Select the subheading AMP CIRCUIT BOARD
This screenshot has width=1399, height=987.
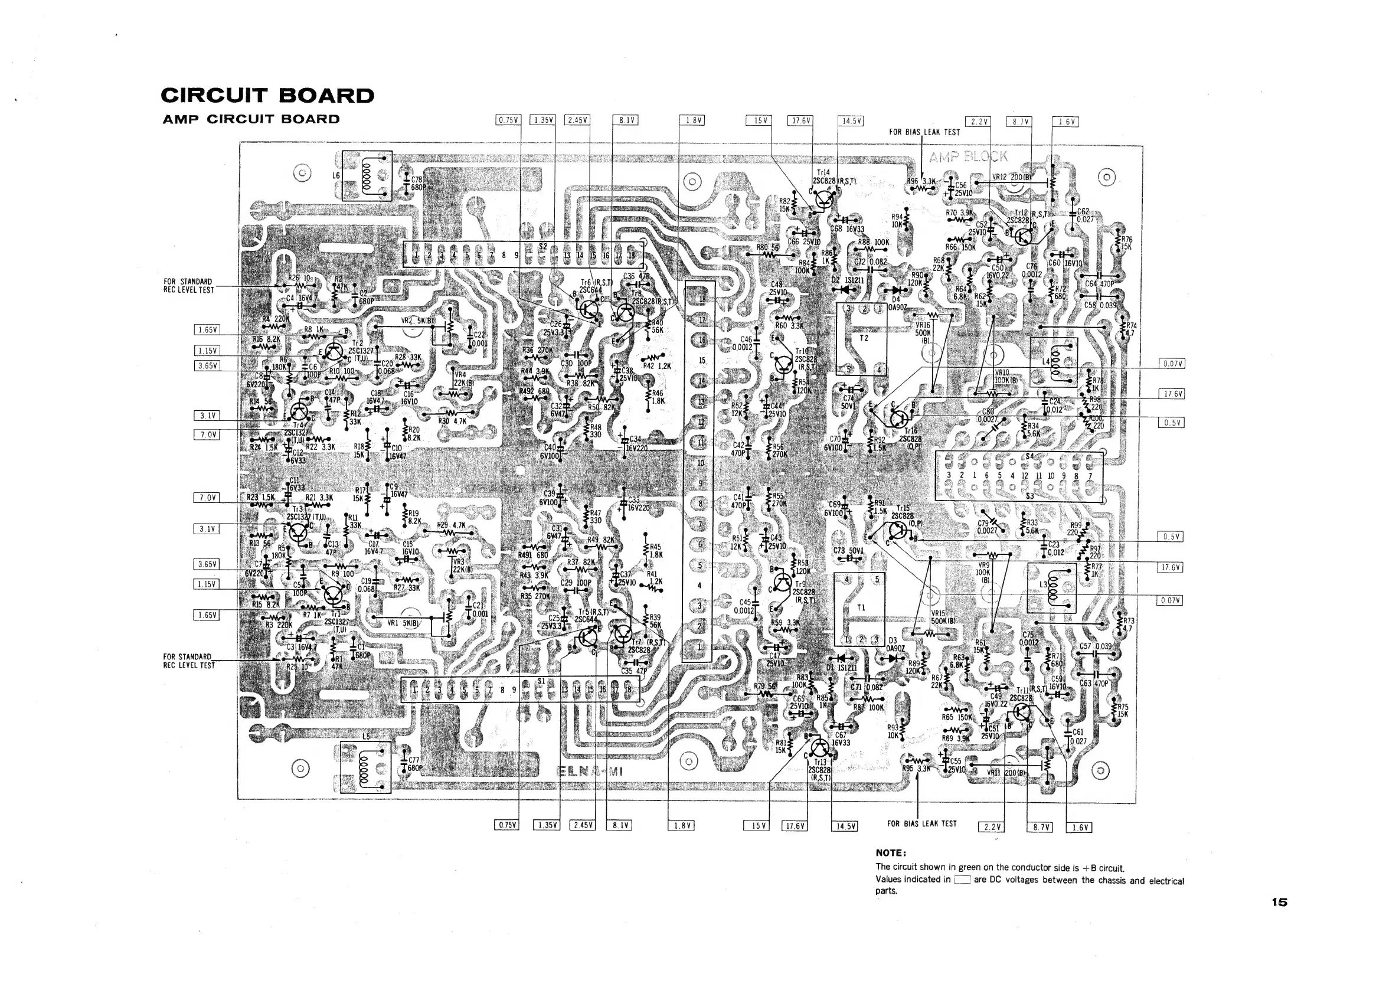click(x=251, y=119)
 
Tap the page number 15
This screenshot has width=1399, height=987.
click(x=1279, y=903)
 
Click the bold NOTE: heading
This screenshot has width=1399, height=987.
click(x=891, y=852)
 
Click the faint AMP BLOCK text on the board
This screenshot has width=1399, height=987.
click(x=968, y=156)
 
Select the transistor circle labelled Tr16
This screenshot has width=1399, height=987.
click(x=899, y=417)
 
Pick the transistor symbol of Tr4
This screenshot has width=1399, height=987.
click(x=300, y=413)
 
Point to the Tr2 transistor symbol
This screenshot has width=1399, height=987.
click(x=334, y=352)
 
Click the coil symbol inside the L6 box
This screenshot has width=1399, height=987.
click(x=367, y=177)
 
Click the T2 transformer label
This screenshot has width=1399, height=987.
click(x=864, y=338)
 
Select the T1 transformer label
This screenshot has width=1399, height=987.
click(x=861, y=607)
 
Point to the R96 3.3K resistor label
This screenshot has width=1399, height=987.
click(x=921, y=182)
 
